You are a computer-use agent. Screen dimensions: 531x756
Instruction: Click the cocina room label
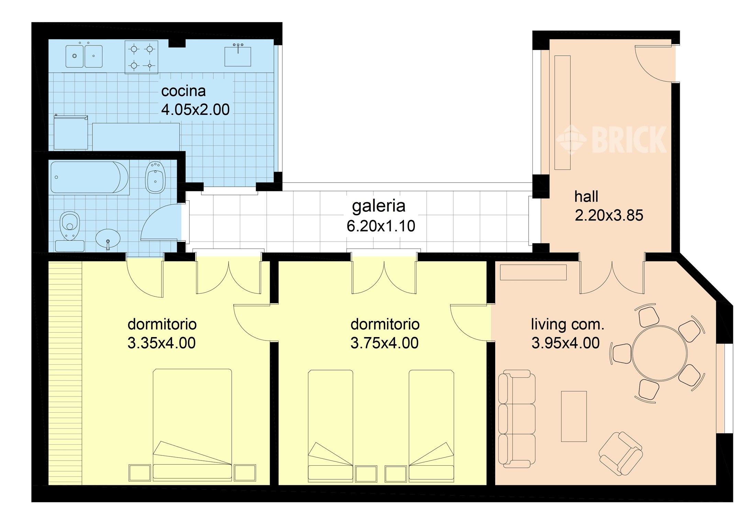coord(183,91)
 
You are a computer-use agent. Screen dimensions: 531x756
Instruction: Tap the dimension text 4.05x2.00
coord(195,110)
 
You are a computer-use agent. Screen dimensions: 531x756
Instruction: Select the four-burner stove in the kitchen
coord(141,57)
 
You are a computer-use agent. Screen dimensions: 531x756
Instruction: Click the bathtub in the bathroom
coord(89,177)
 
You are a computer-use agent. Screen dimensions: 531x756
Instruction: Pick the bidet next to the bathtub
coord(155,177)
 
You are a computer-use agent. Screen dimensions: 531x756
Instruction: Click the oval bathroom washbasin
coord(108,238)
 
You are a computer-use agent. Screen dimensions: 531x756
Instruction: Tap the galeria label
coord(378,206)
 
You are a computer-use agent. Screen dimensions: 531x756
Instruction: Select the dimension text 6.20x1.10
coord(381,226)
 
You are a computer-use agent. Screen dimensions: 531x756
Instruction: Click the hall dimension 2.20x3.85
coord(609,215)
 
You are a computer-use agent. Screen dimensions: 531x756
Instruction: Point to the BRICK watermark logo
coord(612,139)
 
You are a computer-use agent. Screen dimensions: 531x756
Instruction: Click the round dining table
coord(659,353)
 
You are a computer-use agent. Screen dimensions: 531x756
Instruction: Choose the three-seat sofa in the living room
coord(516,419)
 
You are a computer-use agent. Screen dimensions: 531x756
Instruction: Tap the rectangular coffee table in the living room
coord(574,416)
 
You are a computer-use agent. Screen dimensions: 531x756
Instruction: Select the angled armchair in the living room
coord(620,453)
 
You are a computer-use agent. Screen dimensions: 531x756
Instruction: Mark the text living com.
coord(567,324)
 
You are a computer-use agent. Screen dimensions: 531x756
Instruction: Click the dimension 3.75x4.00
coord(384,343)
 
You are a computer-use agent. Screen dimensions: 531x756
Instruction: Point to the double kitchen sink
coord(84,56)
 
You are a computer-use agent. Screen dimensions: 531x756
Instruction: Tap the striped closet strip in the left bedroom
coord(65,373)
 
